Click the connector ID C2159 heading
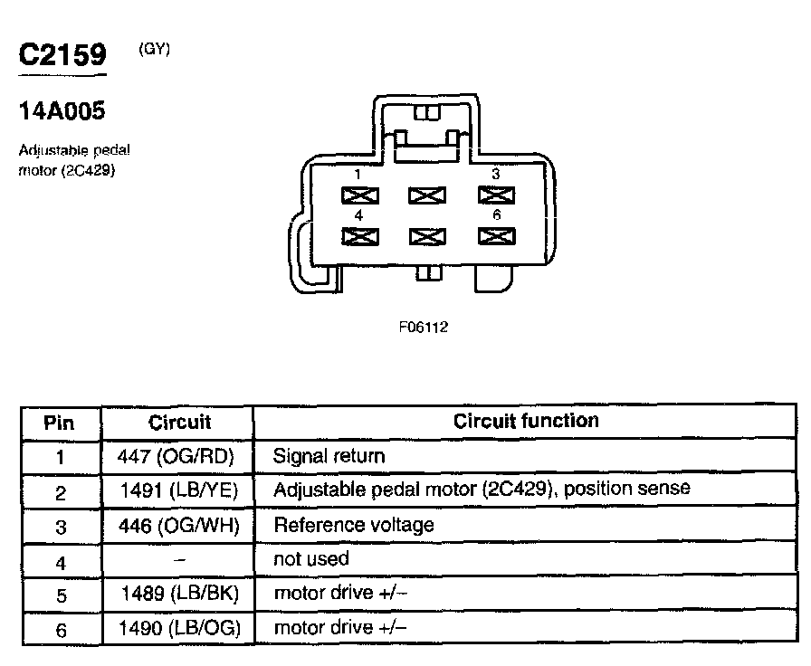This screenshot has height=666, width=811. pos(62,53)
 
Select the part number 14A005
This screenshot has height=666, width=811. pos(62,111)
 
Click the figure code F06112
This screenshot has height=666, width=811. pos(423,328)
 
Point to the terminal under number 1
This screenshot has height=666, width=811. pos(359,195)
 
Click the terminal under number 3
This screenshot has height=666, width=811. pos(495,195)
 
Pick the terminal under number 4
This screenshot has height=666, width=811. pos(359,236)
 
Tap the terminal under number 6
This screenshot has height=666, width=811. pos(495,236)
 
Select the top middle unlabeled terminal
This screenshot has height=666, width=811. pos(427,195)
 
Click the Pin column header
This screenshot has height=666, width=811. pos(60,423)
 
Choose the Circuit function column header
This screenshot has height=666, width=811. pos(526,421)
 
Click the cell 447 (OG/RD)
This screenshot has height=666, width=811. pos(177,457)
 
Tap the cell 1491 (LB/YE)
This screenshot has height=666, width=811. pos(177,490)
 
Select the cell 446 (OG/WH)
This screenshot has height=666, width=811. pos(177,525)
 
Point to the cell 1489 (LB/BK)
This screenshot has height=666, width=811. pos(178,594)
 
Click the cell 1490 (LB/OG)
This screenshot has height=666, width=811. pos(178,628)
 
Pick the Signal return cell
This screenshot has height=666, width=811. pos(329,457)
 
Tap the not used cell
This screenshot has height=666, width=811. pos(310,559)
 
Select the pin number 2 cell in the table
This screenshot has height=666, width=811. pos(60,491)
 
